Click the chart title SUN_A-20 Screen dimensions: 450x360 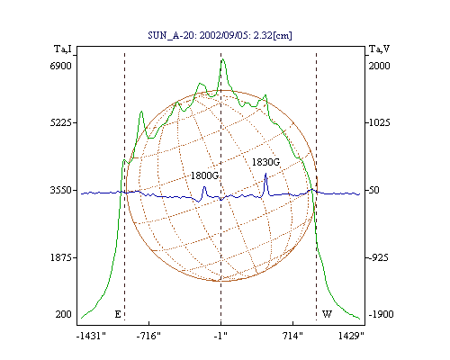point(173,35)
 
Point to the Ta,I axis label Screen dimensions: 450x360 point(63,49)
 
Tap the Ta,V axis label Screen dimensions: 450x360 point(379,49)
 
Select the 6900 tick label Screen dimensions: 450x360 point(61,66)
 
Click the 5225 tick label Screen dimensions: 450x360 point(61,122)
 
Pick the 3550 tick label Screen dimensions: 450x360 point(61,190)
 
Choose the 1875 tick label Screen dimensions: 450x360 point(61,257)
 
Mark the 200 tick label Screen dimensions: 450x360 point(63,314)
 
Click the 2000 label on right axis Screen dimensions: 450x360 point(379,66)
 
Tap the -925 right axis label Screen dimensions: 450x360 point(378,257)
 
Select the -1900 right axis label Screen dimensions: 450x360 point(381,314)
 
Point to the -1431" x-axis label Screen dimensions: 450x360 point(92,336)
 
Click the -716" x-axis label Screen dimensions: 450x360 point(148,336)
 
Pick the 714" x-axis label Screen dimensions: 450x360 point(292,336)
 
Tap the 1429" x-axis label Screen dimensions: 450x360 point(351,336)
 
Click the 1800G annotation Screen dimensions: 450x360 point(205,175)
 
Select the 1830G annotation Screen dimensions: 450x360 point(265,162)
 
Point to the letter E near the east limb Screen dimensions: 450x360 point(118,314)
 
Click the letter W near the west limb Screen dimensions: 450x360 point(327,314)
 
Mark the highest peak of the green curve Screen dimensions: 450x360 point(222,59)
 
